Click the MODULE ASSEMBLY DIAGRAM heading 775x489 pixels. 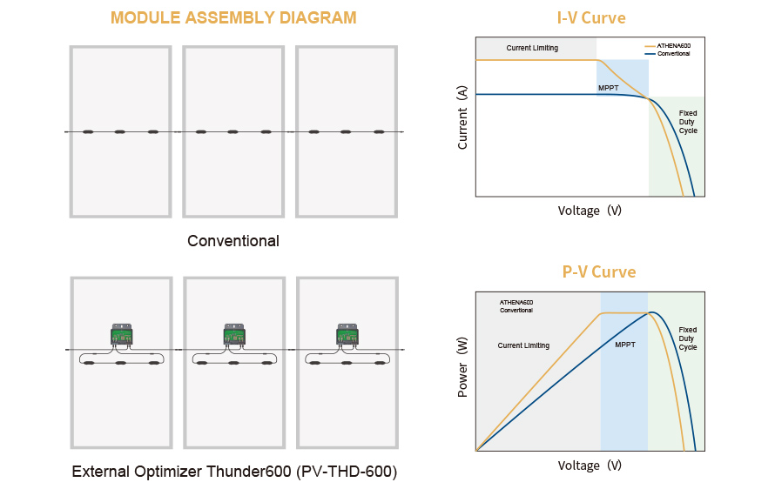pyautogui.click(x=233, y=17)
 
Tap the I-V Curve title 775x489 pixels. pyautogui.click(x=590, y=17)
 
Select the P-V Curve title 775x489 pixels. pyautogui.click(x=598, y=271)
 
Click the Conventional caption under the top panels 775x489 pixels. pyautogui.click(x=233, y=241)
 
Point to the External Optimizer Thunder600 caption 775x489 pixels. pyautogui.click(x=234, y=472)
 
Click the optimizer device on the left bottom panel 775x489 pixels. pyautogui.click(x=122, y=334)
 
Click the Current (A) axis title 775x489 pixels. pyautogui.click(x=462, y=117)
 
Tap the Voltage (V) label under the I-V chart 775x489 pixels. pyautogui.click(x=590, y=211)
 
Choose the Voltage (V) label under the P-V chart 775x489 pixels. pyautogui.click(x=590, y=466)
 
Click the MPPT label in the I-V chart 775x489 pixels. pyautogui.click(x=608, y=89)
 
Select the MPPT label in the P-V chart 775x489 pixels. pyautogui.click(x=624, y=345)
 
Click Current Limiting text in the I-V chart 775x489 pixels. pyautogui.click(x=532, y=48)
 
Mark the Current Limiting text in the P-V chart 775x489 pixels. pyautogui.click(x=523, y=345)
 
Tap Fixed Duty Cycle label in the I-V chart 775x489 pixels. pyautogui.click(x=688, y=122)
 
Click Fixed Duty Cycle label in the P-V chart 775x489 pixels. pyautogui.click(x=688, y=338)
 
